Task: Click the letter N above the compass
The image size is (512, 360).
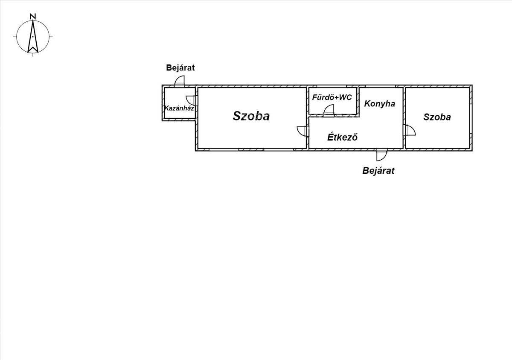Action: [x=33, y=17]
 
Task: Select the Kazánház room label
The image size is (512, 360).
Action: [x=179, y=108]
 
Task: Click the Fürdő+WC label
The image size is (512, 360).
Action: [x=332, y=97]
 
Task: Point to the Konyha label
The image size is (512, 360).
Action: [x=379, y=104]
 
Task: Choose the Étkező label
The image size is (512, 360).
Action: [x=342, y=137]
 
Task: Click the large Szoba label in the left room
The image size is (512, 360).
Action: [x=251, y=116]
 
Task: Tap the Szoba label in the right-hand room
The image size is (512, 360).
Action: [x=437, y=117]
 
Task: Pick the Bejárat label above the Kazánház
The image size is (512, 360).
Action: [x=180, y=68]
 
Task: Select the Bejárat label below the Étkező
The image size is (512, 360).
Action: [x=378, y=171]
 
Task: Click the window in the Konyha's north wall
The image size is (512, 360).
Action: [x=381, y=86]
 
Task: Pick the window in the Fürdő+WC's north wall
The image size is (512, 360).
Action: [x=332, y=86]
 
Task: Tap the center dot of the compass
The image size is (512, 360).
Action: [x=33, y=37]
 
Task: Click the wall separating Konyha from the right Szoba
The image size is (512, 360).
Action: [x=404, y=118]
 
